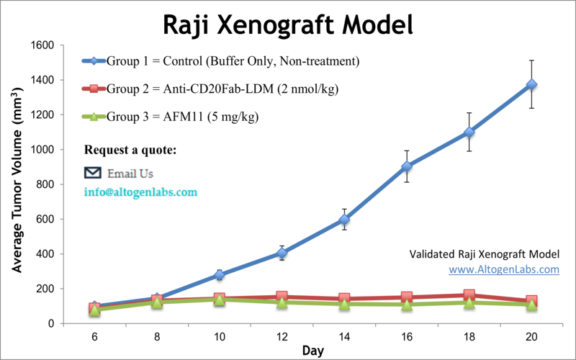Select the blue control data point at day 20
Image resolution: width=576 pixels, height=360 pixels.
531,84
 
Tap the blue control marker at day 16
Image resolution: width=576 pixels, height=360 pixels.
407,166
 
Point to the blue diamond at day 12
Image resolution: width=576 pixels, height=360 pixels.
282,253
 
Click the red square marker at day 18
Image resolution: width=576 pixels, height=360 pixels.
469,295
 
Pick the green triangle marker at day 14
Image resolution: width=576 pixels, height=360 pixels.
344,305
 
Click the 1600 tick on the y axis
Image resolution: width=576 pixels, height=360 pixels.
42,45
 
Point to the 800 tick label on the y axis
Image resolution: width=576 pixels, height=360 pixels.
45,184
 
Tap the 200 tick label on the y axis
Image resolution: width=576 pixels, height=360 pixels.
45,289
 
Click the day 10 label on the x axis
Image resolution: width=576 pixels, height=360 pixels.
220,336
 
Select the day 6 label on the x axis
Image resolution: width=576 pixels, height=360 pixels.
94,336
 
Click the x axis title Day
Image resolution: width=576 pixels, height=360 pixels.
312,351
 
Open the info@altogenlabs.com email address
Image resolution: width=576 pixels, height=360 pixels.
141,193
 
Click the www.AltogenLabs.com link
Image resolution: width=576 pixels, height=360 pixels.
504,269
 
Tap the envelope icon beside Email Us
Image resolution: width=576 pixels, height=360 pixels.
93,173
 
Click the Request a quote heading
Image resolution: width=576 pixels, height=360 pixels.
130,150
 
